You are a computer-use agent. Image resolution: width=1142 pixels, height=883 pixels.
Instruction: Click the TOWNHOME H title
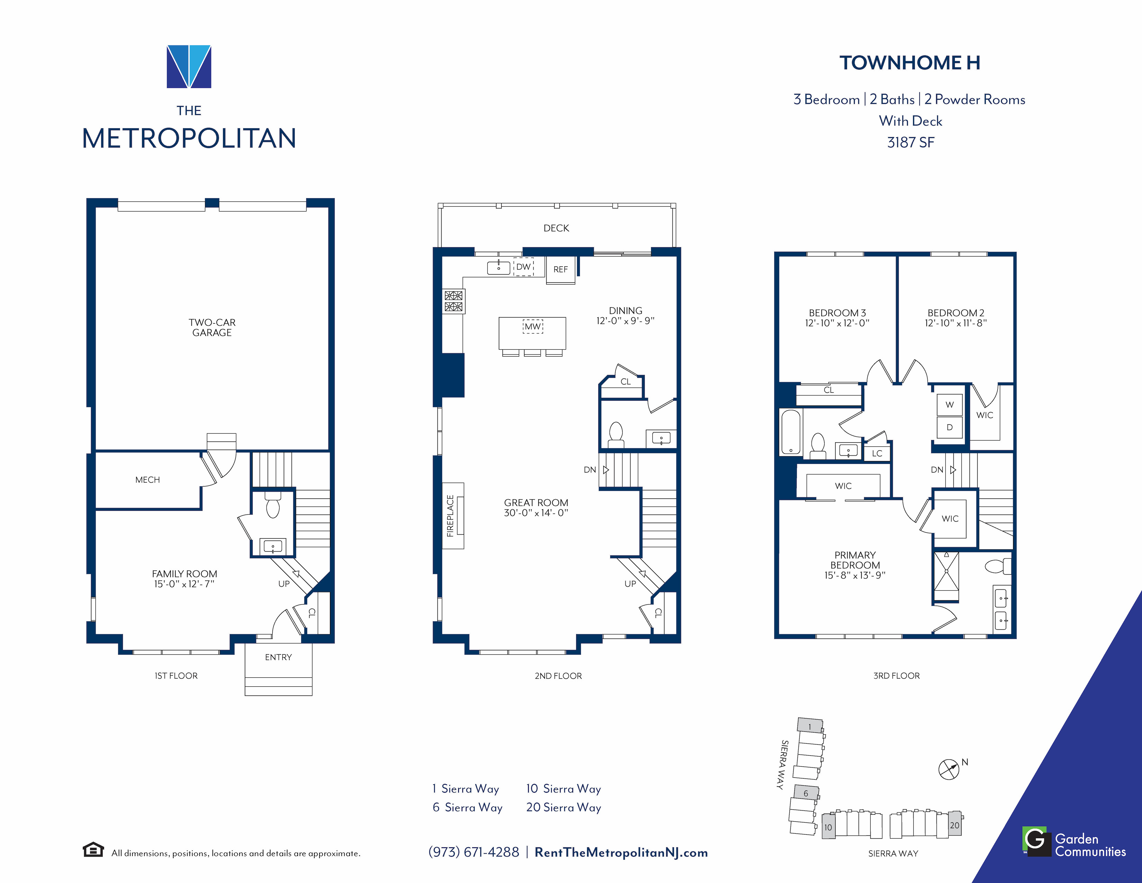[x=910, y=63]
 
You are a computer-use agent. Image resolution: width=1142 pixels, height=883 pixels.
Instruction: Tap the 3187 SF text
[x=910, y=142]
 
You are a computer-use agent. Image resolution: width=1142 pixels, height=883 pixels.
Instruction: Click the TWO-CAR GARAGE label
[x=212, y=328]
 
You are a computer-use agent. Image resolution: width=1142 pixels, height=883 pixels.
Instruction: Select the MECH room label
[x=147, y=480]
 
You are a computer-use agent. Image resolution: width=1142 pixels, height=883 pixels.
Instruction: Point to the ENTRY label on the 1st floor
[x=278, y=657]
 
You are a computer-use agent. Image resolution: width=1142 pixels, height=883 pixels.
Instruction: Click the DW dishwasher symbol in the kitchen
[x=523, y=267]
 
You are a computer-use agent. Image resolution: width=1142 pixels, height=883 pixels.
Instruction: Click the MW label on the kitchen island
[x=533, y=327]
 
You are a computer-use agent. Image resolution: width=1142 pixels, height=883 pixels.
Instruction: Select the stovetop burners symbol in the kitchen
[x=453, y=301]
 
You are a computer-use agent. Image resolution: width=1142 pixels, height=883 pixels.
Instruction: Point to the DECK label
[x=556, y=228]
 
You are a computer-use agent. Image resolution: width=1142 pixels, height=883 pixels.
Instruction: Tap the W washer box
[x=950, y=404]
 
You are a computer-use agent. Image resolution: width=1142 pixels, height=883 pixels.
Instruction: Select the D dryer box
[x=950, y=427]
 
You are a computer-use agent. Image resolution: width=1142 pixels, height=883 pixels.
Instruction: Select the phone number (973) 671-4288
[x=474, y=852]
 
